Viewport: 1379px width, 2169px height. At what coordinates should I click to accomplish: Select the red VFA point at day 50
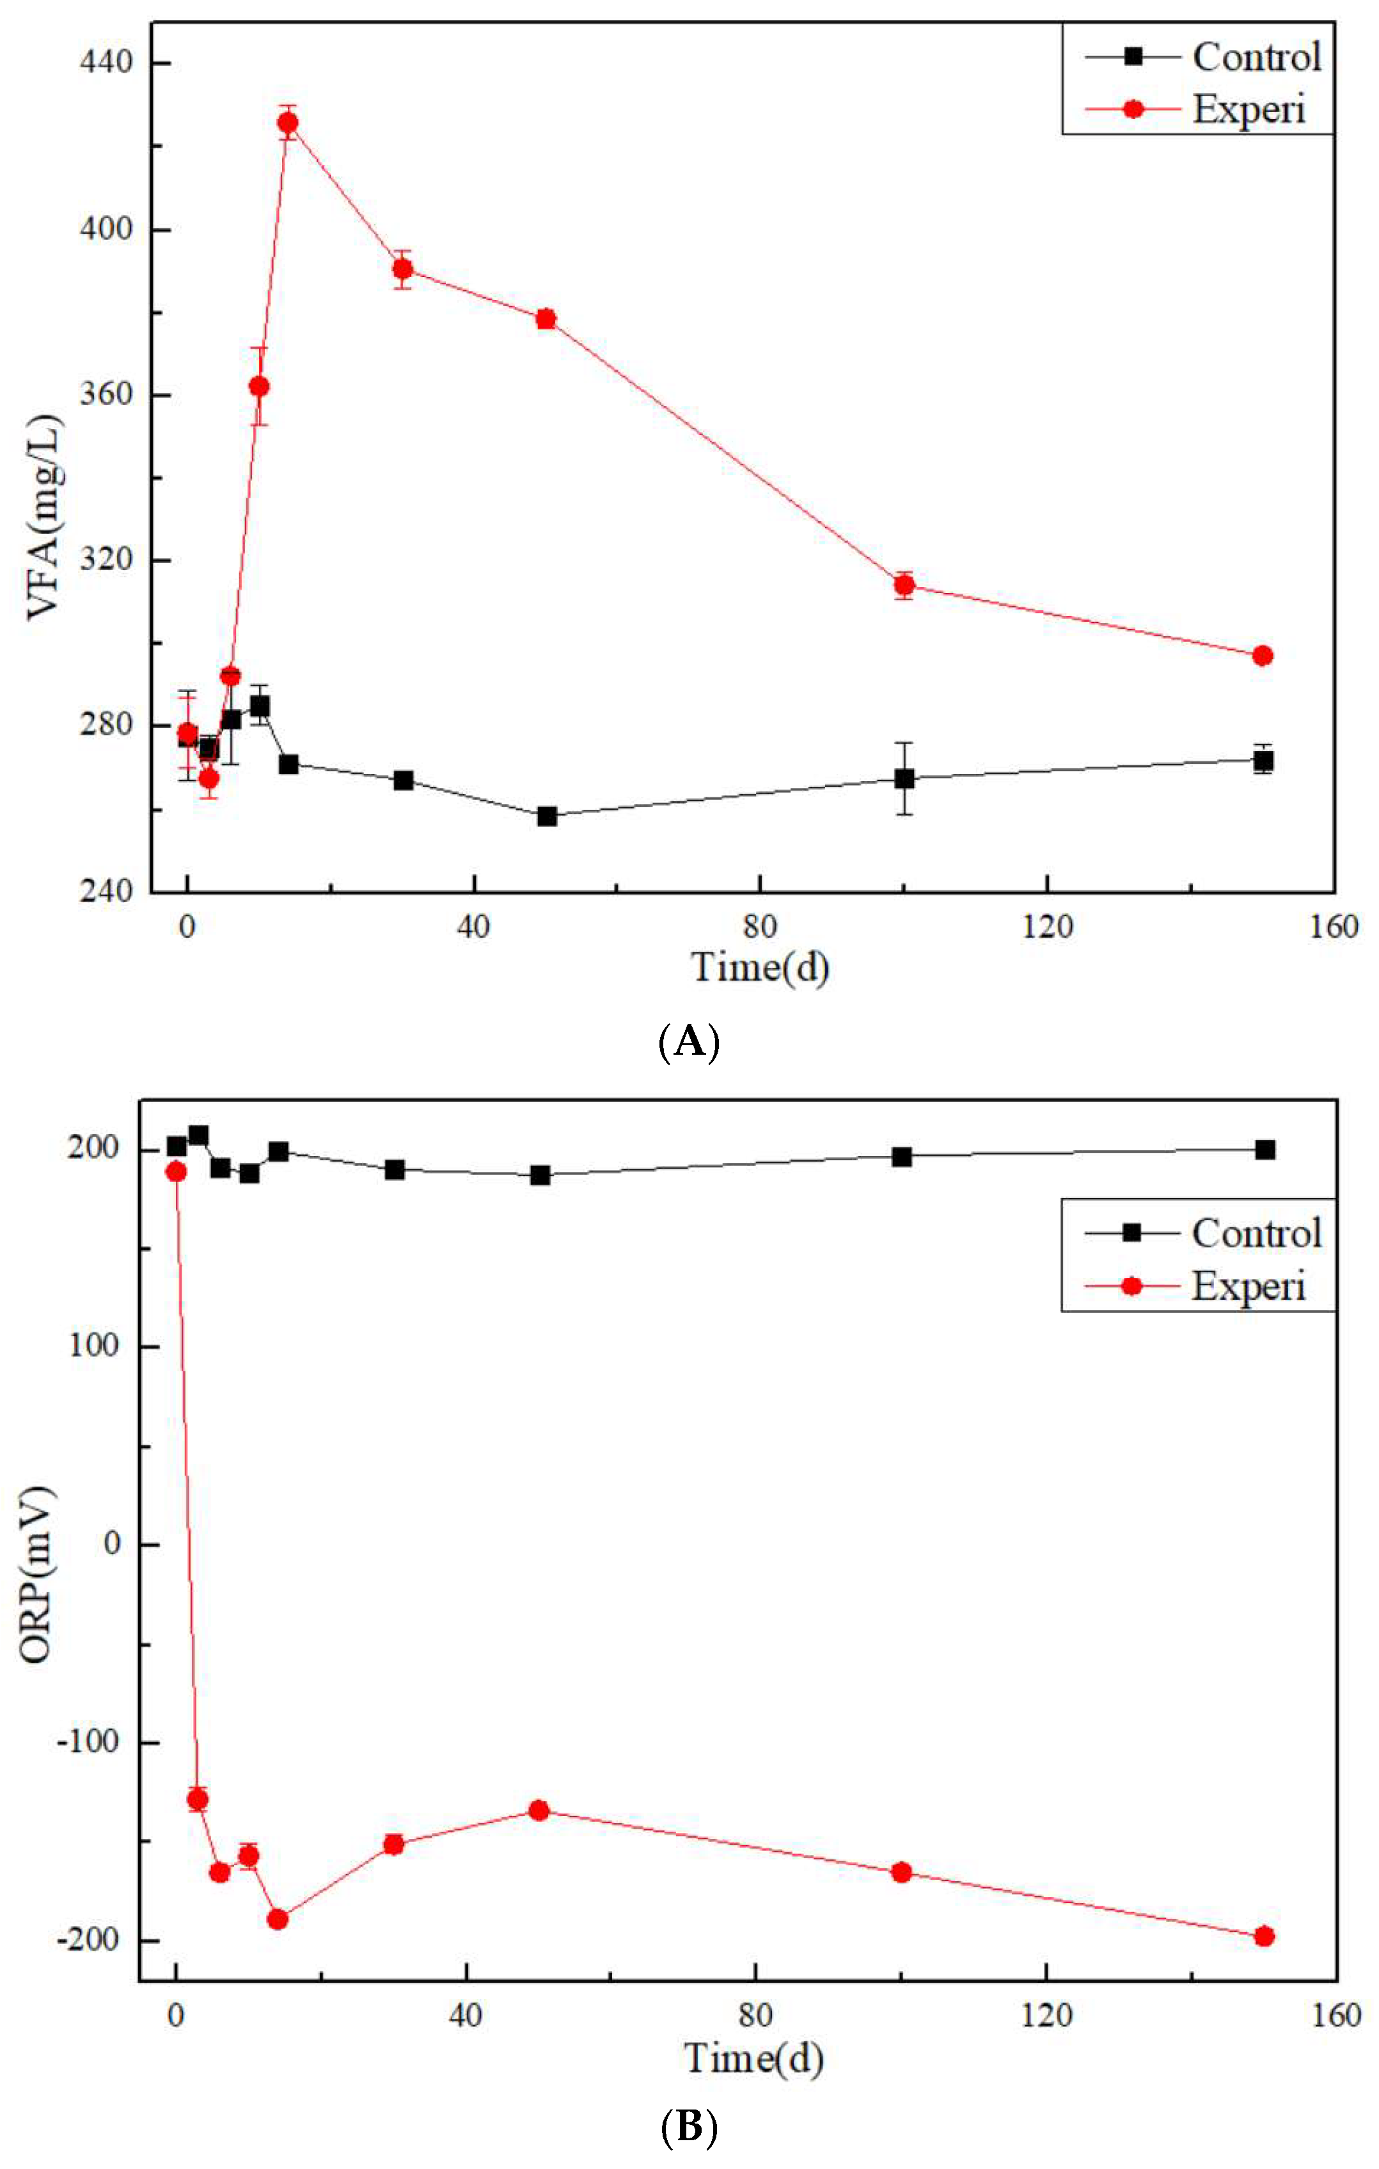[546, 319]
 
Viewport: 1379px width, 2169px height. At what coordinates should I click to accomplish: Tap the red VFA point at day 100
[904, 585]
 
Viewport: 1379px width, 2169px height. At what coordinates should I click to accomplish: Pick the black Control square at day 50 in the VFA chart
[547, 816]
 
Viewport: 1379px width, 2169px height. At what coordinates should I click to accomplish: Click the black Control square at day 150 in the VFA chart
[1263, 761]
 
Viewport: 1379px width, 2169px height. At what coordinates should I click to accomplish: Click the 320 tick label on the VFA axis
[106, 560]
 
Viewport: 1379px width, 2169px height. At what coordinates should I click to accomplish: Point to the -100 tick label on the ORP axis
[88, 1740]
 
